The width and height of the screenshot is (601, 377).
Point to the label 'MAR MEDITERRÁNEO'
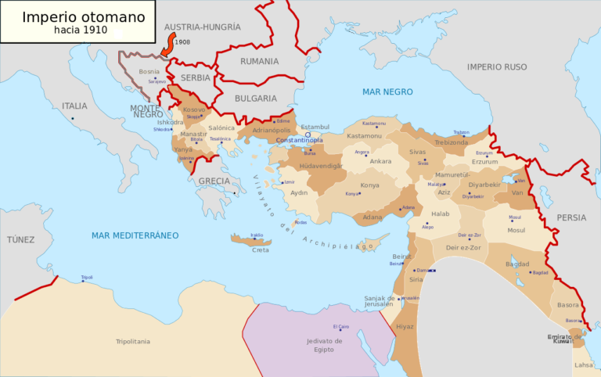pos(135,235)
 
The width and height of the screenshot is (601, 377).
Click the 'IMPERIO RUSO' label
pos(497,67)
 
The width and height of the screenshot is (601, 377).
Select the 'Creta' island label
pos(260,250)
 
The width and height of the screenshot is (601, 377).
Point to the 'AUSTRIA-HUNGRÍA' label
pos(202,27)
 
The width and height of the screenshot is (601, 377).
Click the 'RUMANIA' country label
pos(259,61)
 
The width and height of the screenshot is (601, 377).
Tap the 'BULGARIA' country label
pos(255,99)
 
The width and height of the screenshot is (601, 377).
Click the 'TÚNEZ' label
pos(21,239)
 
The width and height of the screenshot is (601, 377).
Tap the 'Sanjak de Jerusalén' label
pos(381,302)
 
